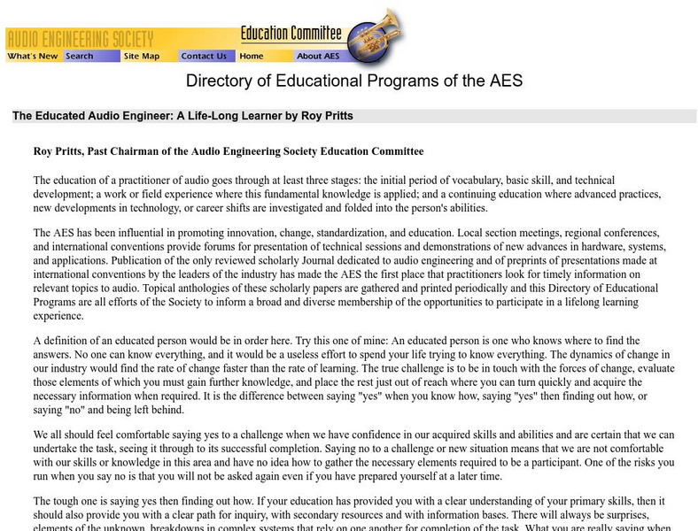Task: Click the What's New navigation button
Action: point(33,56)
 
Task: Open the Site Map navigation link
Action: point(142,56)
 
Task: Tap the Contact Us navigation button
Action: point(204,56)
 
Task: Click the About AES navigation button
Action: point(318,56)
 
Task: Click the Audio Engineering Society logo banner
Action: point(80,39)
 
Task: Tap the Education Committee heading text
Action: point(291,34)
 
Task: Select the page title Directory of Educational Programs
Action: point(353,81)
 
